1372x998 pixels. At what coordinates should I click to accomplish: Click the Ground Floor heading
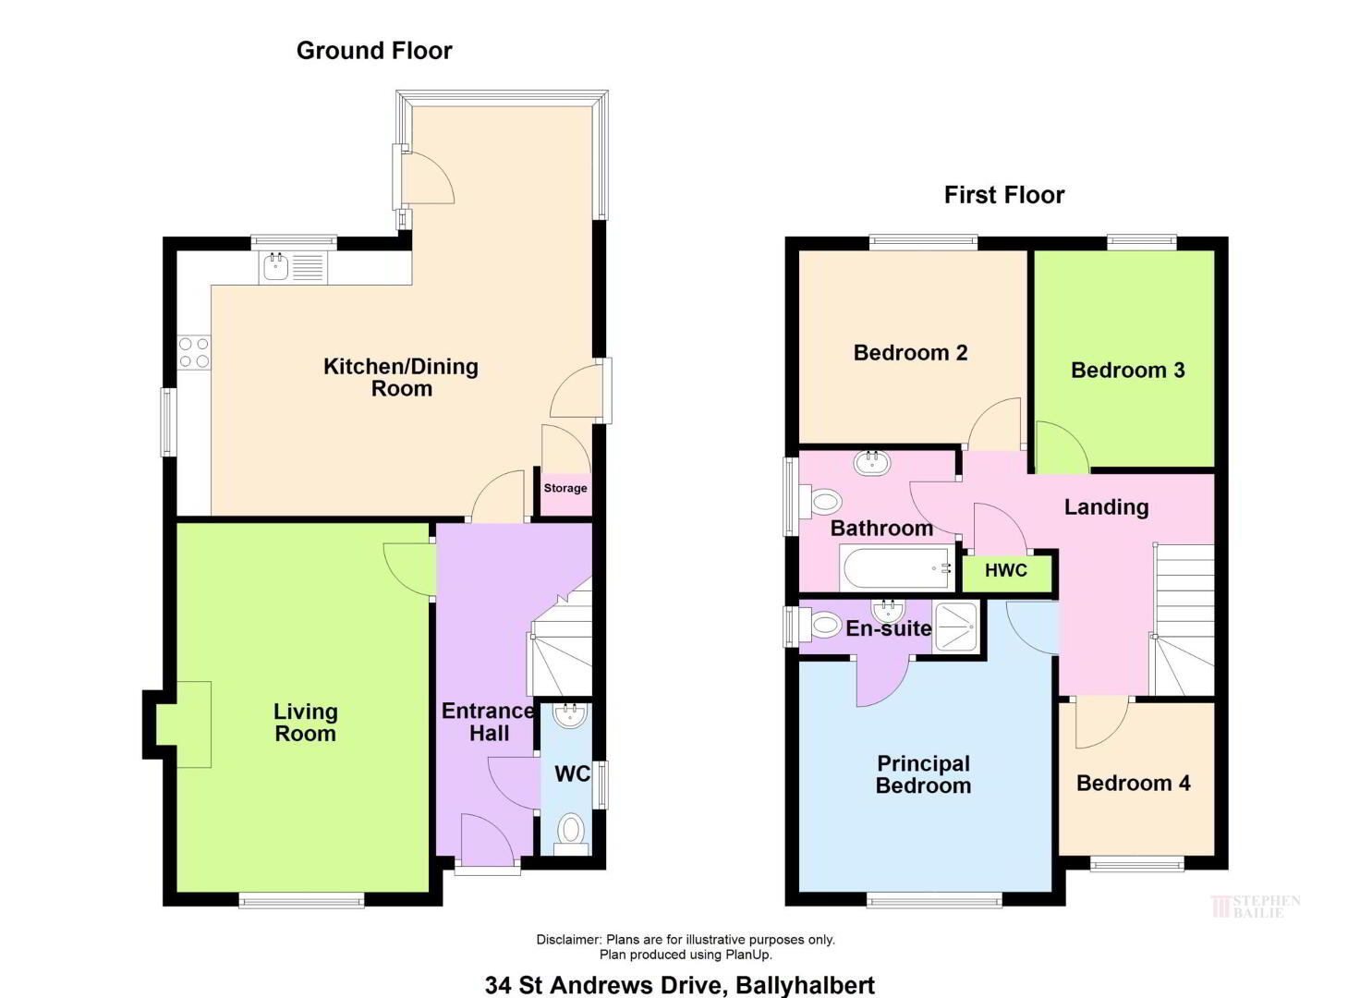(x=374, y=51)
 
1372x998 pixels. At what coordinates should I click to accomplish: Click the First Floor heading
(x=1004, y=195)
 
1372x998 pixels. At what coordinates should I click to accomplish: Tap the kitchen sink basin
(x=275, y=267)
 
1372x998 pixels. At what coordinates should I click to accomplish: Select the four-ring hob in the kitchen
(x=194, y=354)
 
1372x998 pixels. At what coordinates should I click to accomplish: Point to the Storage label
(x=565, y=488)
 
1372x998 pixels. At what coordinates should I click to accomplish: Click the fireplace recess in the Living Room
(x=184, y=724)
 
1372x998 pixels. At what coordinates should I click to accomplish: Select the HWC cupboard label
(x=1006, y=570)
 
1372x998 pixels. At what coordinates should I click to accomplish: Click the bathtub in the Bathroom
(x=897, y=568)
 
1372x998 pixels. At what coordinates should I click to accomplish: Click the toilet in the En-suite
(x=820, y=626)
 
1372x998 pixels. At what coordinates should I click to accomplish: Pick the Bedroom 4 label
(x=1133, y=784)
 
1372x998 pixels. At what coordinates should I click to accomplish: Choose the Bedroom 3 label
(x=1127, y=371)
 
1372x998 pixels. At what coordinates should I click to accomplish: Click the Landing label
(x=1106, y=507)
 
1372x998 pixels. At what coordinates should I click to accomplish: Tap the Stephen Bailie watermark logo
(x=1255, y=907)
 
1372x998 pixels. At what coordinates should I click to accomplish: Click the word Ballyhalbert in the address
(x=805, y=985)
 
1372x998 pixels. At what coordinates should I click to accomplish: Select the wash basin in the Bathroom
(x=871, y=464)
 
